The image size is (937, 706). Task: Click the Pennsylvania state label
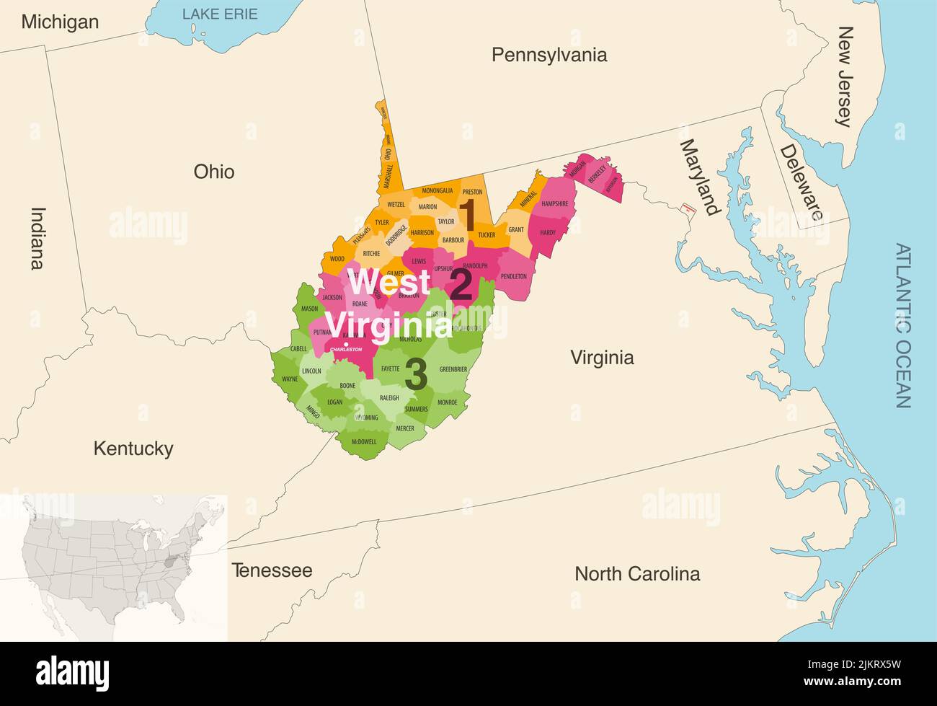(x=549, y=55)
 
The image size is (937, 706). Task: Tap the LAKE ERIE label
(x=219, y=14)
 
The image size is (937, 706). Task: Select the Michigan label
(x=60, y=22)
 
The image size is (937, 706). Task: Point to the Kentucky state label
(x=133, y=449)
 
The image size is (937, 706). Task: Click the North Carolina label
(x=636, y=573)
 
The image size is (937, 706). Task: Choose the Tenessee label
(x=272, y=570)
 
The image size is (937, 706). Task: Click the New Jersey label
(x=845, y=76)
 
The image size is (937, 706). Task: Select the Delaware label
(x=801, y=182)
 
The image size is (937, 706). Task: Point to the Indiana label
(x=37, y=238)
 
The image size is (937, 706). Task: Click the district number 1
(x=467, y=214)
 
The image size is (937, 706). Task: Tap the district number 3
(x=416, y=374)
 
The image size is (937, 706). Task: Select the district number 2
(x=461, y=285)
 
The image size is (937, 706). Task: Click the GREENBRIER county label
(x=453, y=369)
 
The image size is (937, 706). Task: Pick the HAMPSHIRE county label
(x=555, y=204)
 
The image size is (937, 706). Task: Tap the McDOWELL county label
(x=364, y=441)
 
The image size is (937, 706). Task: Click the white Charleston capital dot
(x=347, y=344)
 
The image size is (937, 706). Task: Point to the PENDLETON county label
(x=514, y=276)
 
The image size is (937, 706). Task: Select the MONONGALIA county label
(x=438, y=191)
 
